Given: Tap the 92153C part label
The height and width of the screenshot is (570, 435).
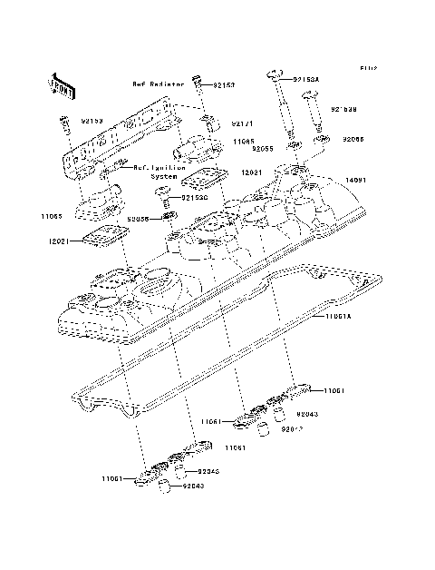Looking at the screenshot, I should [194, 197].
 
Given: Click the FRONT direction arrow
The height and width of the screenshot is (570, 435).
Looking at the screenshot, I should [60, 84].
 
